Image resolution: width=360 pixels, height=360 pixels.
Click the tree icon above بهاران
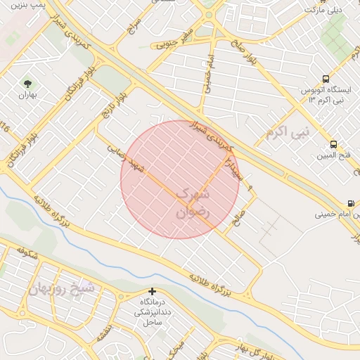(28, 83)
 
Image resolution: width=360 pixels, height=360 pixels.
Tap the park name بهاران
(27, 95)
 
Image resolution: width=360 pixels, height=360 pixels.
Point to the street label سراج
(135, 24)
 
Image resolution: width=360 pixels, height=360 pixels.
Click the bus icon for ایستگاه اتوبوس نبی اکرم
(325, 79)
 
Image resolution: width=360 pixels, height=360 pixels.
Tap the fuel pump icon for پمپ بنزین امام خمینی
(350, 204)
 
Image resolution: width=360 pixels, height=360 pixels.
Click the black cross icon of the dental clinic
(152, 291)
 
